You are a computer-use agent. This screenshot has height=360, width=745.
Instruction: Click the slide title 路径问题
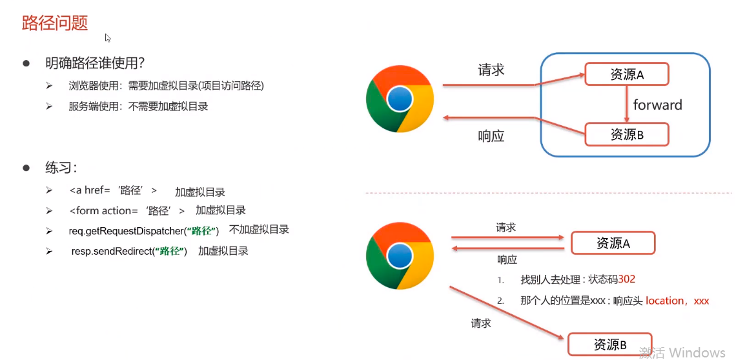55,23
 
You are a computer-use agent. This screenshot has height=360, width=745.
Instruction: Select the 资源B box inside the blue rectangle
627,134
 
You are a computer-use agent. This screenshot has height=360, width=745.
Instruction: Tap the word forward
657,105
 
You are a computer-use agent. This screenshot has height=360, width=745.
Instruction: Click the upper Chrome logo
400,99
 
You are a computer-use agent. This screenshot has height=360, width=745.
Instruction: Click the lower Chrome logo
400,255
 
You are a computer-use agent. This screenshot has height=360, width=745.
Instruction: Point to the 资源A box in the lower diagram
613,243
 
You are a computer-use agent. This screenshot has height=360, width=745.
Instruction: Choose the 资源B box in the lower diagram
609,345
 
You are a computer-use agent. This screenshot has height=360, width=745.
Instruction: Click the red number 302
627,279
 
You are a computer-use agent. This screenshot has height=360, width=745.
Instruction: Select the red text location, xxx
677,301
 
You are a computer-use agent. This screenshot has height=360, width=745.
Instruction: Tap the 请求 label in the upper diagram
491,70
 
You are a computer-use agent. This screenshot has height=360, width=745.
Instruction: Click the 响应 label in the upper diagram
491,136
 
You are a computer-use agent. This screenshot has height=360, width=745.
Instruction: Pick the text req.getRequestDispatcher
127,230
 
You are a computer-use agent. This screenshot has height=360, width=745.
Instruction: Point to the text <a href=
90,191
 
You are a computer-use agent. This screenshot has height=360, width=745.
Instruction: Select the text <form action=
103,210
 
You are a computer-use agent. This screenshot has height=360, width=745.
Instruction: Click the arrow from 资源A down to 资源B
627,104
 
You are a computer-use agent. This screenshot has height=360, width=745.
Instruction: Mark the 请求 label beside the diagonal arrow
481,323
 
